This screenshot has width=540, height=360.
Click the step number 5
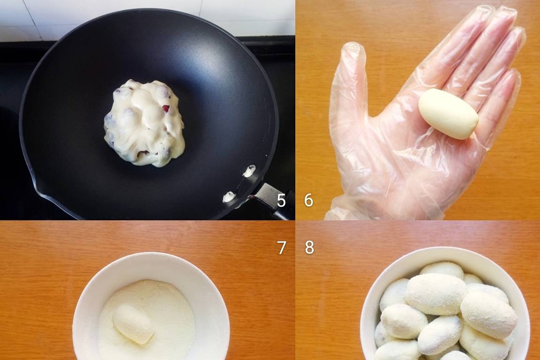(281, 201)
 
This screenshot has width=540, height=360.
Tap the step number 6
(308, 200)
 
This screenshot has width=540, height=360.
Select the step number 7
(281, 247)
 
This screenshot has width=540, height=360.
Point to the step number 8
(309, 247)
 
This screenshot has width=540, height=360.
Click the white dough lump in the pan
(144, 123)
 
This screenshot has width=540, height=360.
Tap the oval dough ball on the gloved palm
(449, 114)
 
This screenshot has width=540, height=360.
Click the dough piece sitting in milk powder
(133, 324)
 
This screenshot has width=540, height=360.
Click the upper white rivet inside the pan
(249, 171)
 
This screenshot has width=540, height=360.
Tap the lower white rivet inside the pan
(229, 196)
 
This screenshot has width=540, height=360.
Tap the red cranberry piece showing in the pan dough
(166, 109)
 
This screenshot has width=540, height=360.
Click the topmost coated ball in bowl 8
(442, 270)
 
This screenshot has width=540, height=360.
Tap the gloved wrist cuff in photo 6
(361, 207)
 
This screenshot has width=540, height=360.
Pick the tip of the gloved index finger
(482, 13)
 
